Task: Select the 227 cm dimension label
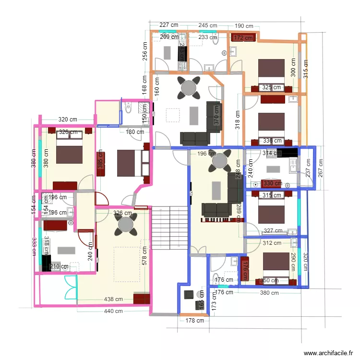click(x=169, y=25)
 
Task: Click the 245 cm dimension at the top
click(x=207, y=25)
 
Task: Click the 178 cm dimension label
click(x=194, y=320)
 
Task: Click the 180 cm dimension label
click(x=135, y=132)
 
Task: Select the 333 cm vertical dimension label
click(x=34, y=247)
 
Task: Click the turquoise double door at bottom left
click(x=70, y=287)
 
